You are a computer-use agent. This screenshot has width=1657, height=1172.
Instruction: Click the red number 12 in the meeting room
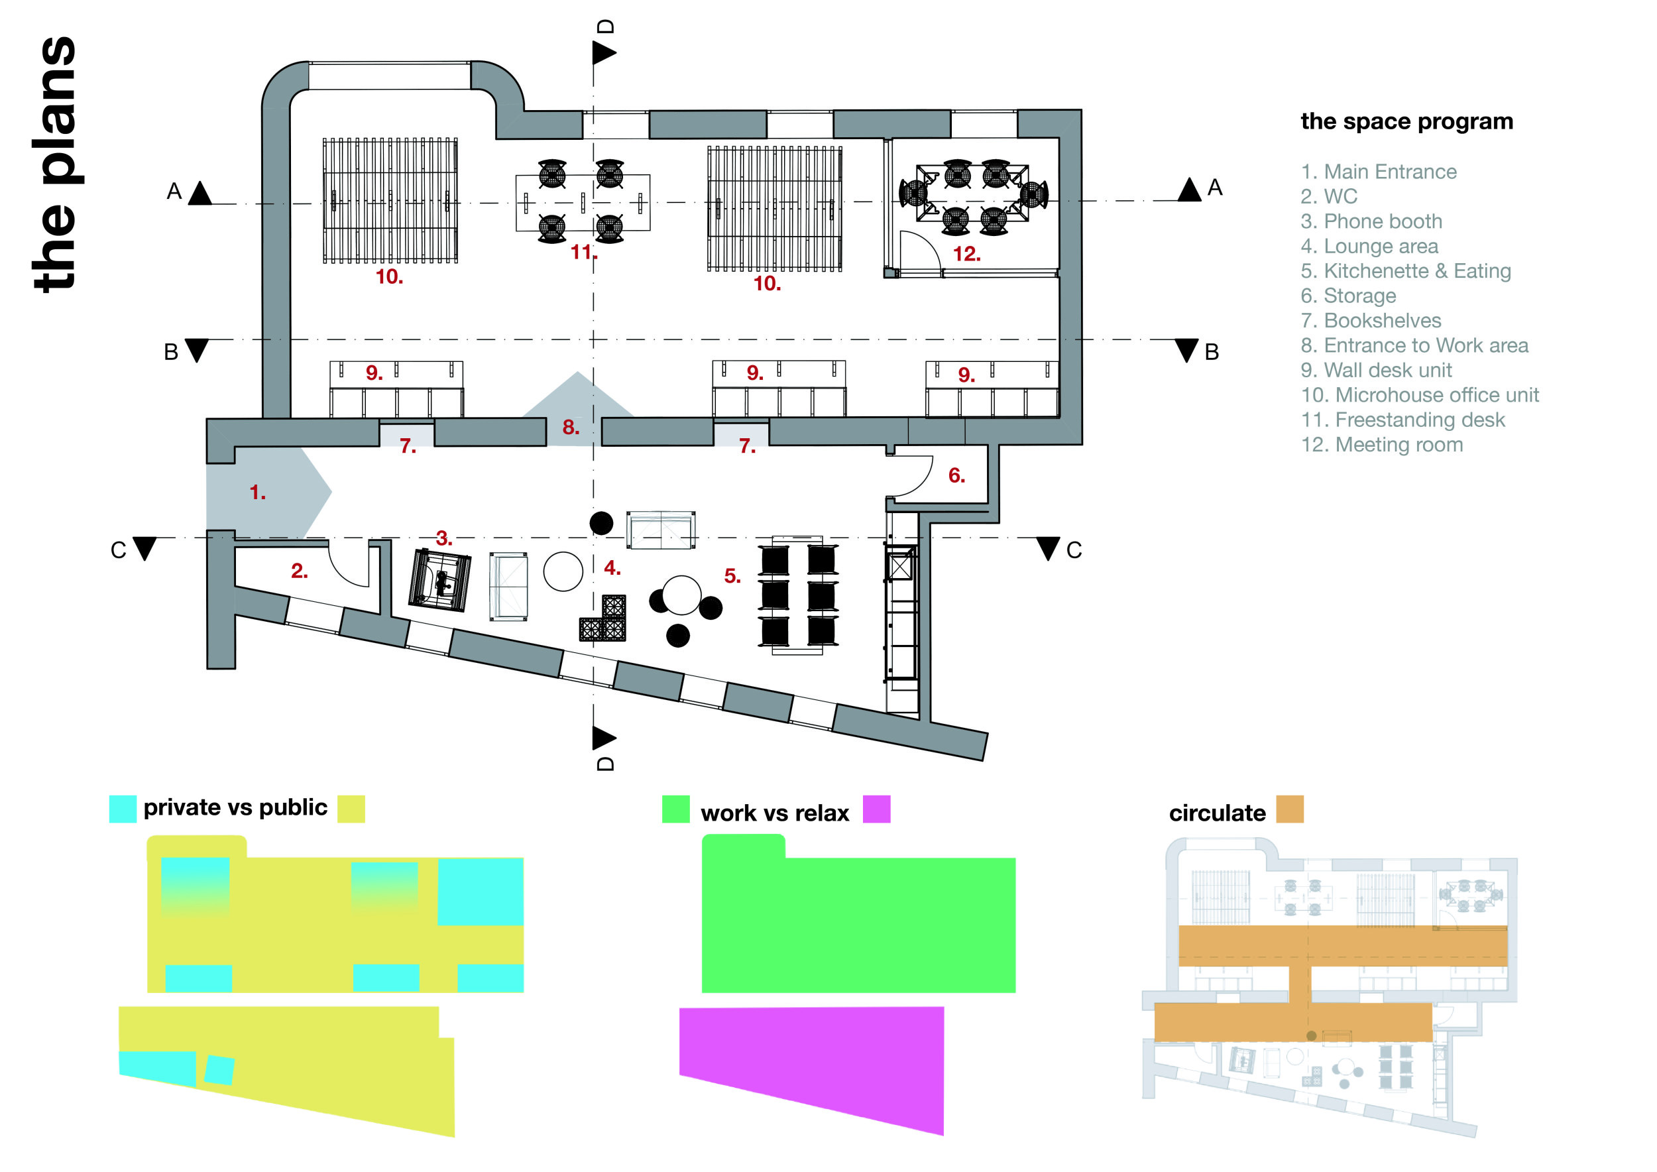(966, 254)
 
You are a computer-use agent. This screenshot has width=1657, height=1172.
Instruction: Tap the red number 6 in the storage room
(956, 475)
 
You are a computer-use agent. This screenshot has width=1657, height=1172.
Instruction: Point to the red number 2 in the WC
(300, 571)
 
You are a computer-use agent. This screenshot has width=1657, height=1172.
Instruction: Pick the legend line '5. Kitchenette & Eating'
(1405, 270)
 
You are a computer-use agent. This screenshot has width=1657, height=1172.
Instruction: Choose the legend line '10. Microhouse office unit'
(1420, 395)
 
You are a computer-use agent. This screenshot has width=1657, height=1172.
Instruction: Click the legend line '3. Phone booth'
(1371, 221)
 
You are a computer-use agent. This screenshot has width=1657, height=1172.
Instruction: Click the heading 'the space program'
(1406, 121)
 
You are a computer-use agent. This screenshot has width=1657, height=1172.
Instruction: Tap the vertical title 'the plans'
(56, 164)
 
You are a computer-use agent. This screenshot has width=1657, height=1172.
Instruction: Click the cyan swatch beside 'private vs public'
(123, 809)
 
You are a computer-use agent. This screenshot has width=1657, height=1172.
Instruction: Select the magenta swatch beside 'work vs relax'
(876, 809)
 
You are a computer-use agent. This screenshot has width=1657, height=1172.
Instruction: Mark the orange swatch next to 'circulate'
(1290, 809)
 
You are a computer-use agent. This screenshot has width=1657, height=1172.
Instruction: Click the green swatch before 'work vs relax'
(675, 809)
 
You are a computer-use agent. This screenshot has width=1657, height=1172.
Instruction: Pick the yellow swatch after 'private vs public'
(351, 809)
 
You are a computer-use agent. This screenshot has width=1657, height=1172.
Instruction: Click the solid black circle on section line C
(601, 523)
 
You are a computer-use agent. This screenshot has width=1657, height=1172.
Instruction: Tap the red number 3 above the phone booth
(444, 538)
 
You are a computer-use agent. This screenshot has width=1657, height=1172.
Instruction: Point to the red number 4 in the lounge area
(612, 568)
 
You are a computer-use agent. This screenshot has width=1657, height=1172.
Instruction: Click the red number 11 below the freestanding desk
(583, 252)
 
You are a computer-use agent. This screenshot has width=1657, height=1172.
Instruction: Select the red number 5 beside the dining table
(732, 576)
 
